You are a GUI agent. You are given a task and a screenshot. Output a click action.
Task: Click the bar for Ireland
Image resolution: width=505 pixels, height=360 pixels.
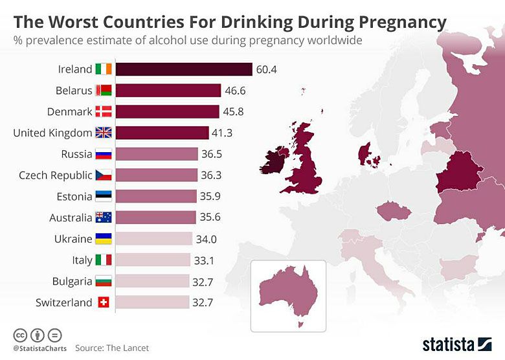184,69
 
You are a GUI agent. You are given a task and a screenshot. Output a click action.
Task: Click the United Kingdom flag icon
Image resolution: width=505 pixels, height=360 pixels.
104,133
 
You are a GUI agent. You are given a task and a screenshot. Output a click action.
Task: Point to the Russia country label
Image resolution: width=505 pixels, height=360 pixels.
76,154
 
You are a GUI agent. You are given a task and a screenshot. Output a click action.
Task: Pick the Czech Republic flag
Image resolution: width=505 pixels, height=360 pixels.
104,175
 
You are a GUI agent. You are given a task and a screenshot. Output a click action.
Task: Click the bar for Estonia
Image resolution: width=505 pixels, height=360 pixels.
156,196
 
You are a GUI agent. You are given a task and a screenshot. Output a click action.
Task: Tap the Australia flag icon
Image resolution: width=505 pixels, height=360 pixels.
104,218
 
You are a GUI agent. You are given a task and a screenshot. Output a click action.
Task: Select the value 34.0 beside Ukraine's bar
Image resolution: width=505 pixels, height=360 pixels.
206,239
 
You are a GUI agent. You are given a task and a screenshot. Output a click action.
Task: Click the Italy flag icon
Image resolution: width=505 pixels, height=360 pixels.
104,260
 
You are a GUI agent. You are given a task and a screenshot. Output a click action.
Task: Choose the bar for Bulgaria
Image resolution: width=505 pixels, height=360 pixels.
153,281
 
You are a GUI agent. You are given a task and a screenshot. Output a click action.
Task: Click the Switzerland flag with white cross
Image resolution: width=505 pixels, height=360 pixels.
104,302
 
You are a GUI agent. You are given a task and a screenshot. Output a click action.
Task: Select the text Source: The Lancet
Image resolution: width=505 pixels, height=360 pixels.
112,348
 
